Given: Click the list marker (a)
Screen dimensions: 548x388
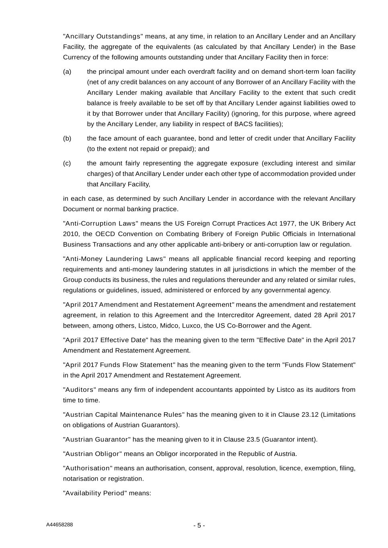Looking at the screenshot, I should (67, 72).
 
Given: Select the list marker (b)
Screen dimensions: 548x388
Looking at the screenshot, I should (67, 139).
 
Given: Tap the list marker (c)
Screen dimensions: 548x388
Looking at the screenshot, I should (67, 163).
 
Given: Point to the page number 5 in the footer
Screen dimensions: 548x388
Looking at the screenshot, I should (199, 526).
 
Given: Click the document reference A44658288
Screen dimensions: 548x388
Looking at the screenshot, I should (60, 525).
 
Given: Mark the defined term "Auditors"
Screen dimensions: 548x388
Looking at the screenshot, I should (80, 390).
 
